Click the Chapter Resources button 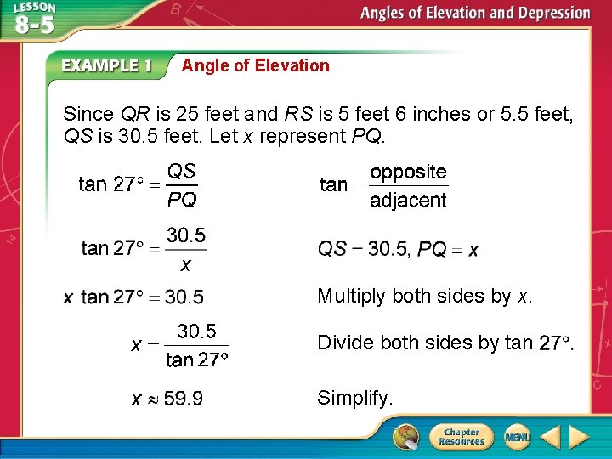[x=459, y=436]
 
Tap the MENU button [x=515, y=436]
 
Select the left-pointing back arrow [x=550, y=437]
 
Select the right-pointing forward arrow [x=579, y=437]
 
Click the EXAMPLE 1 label [x=106, y=66]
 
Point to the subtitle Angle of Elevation [x=255, y=65]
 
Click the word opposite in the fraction [x=408, y=172]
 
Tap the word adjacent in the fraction [x=408, y=201]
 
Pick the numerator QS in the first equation [x=182, y=171]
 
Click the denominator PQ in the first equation [x=182, y=200]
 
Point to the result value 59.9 [x=183, y=398]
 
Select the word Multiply [x=352, y=296]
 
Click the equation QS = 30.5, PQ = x [x=398, y=250]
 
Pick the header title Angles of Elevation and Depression [x=474, y=13]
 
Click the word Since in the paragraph [x=90, y=114]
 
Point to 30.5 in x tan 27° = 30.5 [x=184, y=297]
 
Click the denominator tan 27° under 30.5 [x=197, y=360]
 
